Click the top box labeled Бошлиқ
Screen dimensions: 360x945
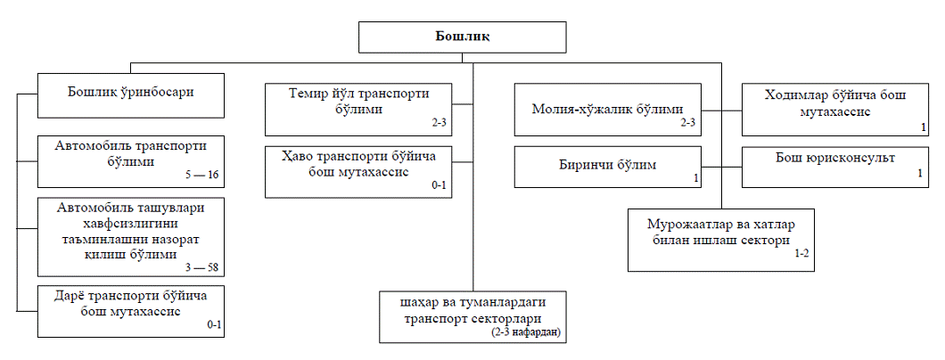pos(462,37)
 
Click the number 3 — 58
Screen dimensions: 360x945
pos(201,267)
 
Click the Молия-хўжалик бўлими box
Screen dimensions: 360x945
pos(606,110)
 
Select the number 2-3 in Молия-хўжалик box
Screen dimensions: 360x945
pos(686,122)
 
